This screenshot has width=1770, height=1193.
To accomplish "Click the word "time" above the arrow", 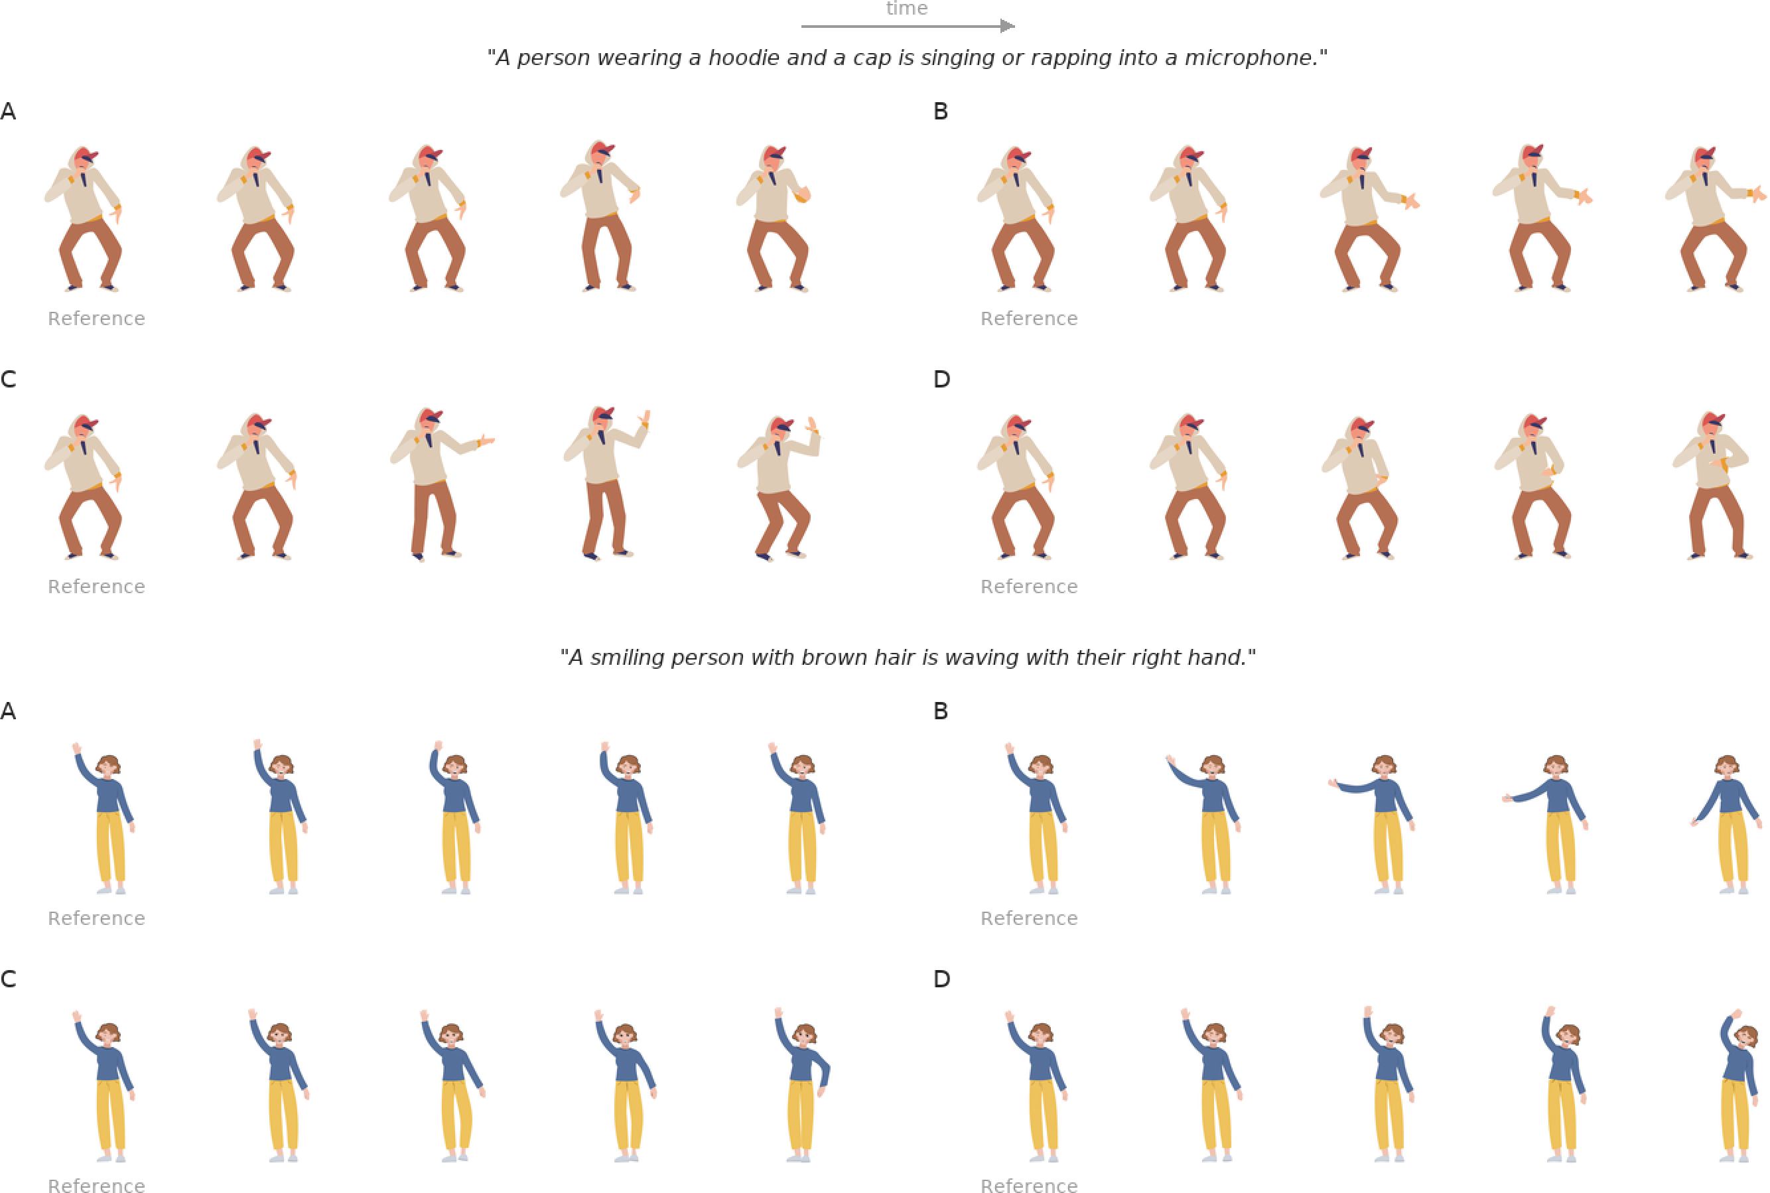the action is (x=907, y=9).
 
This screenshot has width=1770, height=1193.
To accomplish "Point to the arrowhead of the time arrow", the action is (x=1008, y=27).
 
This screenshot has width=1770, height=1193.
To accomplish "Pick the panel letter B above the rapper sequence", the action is (x=940, y=112).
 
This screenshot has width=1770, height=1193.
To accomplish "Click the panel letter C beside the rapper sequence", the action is (x=9, y=380).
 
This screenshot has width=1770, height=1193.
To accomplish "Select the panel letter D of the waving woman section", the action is (x=941, y=979).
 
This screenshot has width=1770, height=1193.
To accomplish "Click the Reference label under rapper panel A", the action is (x=97, y=318).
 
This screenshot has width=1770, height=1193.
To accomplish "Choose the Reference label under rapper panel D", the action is (x=1029, y=587).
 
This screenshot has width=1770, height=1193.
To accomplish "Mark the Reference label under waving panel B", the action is (x=1029, y=918).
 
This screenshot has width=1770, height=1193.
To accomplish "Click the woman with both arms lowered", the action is (x=1727, y=825).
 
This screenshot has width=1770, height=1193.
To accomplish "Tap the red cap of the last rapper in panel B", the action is (x=1706, y=153).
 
